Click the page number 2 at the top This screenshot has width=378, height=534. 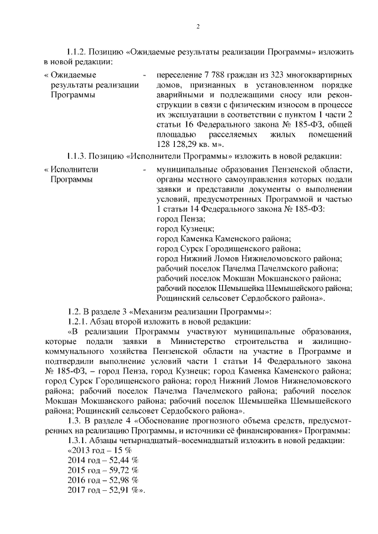click(x=198, y=27)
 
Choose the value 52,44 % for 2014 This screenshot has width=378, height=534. click(x=120, y=461)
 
